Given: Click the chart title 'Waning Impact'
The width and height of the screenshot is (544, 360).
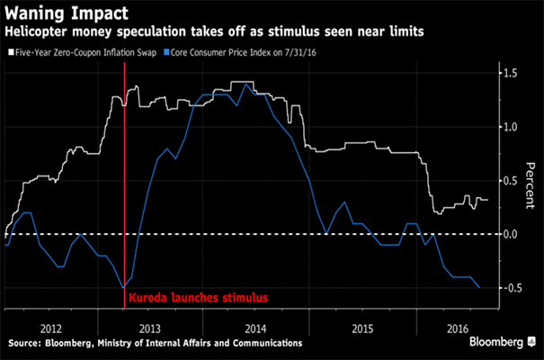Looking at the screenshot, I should click(x=66, y=15).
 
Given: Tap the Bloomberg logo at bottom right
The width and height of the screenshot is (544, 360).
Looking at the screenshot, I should click(x=500, y=343).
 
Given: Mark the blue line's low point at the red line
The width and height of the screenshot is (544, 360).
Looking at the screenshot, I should click(x=122, y=287).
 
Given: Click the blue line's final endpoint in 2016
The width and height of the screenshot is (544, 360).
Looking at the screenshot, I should click(x=479, y=288).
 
